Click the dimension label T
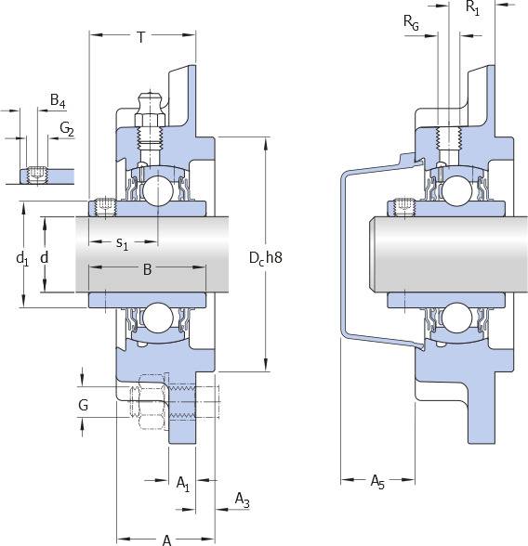[140, 37]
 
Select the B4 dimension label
[58, 100]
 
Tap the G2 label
[67, 129]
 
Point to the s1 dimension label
[122, 243]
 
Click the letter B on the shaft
[148, 269]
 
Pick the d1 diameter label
[22, 259]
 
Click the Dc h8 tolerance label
[266, 258]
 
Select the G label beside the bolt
[84, 405]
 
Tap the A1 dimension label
[183, 485]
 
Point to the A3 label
[243, 500]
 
